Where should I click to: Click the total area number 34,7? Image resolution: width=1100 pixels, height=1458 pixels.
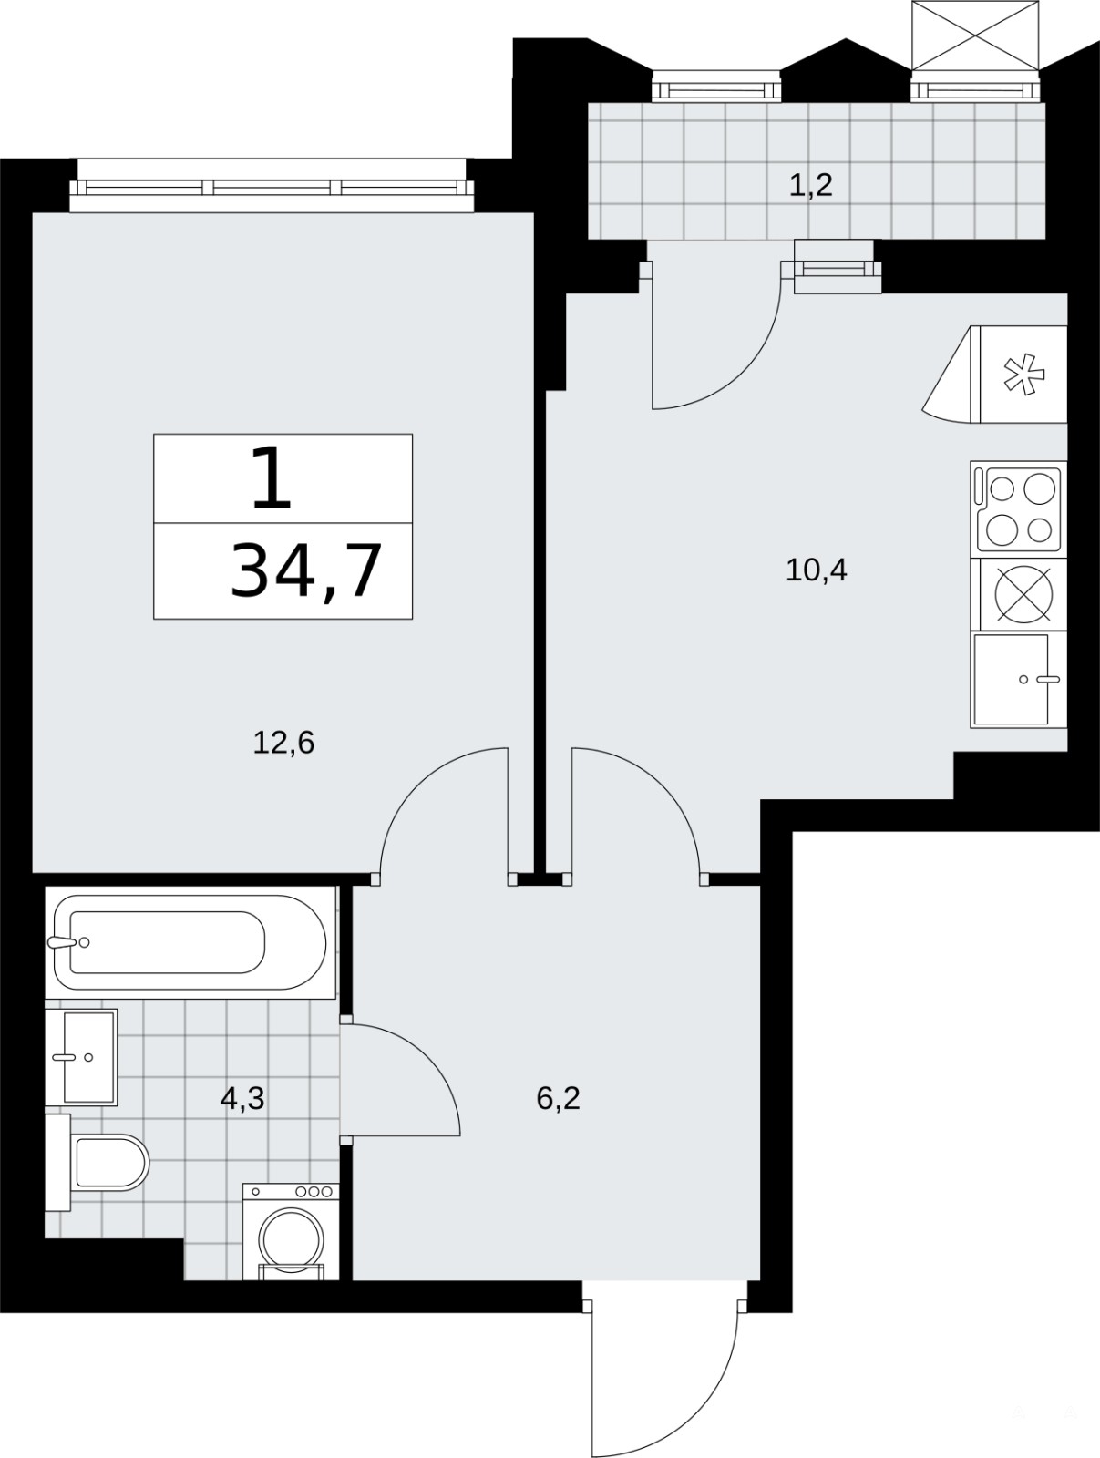pos(306,570)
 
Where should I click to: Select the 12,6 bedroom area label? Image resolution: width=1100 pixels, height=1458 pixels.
pos(283,743)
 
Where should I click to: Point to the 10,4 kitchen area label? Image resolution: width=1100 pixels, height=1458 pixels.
pos(817,570)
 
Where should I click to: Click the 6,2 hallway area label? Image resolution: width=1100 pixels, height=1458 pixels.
pos(558,1099)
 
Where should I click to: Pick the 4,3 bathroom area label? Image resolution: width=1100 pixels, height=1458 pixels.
pos(242,1099)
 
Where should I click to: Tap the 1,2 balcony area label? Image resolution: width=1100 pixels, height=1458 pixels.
pos(810,185)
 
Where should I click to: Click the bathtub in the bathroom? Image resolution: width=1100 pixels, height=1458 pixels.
pos(190,942)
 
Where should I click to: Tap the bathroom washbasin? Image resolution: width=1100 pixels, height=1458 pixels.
pos(81,1057)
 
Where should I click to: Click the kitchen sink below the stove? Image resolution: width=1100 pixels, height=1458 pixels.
pos(1018,679)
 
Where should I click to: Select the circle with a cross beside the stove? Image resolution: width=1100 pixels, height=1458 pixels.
pos(1023,594)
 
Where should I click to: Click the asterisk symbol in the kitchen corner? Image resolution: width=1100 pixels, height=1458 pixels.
pos(1023,375)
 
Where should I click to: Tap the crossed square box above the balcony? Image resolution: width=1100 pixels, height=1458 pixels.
pos(975,36)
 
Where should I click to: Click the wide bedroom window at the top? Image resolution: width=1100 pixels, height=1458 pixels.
pos(272,186)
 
